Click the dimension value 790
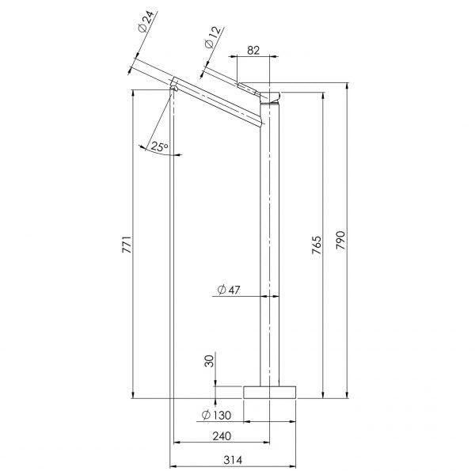pyautogui.click(x=341, y=241)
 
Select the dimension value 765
pyautogui.click(x=317, y=245)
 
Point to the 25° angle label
pyautogui.click(x=159, y=147)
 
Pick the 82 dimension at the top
pyautogui.click(x=253, y=49)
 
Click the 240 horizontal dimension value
pyautogui.click(x=222, y=436)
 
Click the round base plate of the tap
pyautogui.click(x=270, y=391)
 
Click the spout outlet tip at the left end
pyautogui.click(x=173, y=82)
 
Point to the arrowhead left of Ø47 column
pyautogui.click(x=257, y=296)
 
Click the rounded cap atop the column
pyautogui.click(x=271, y=98)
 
